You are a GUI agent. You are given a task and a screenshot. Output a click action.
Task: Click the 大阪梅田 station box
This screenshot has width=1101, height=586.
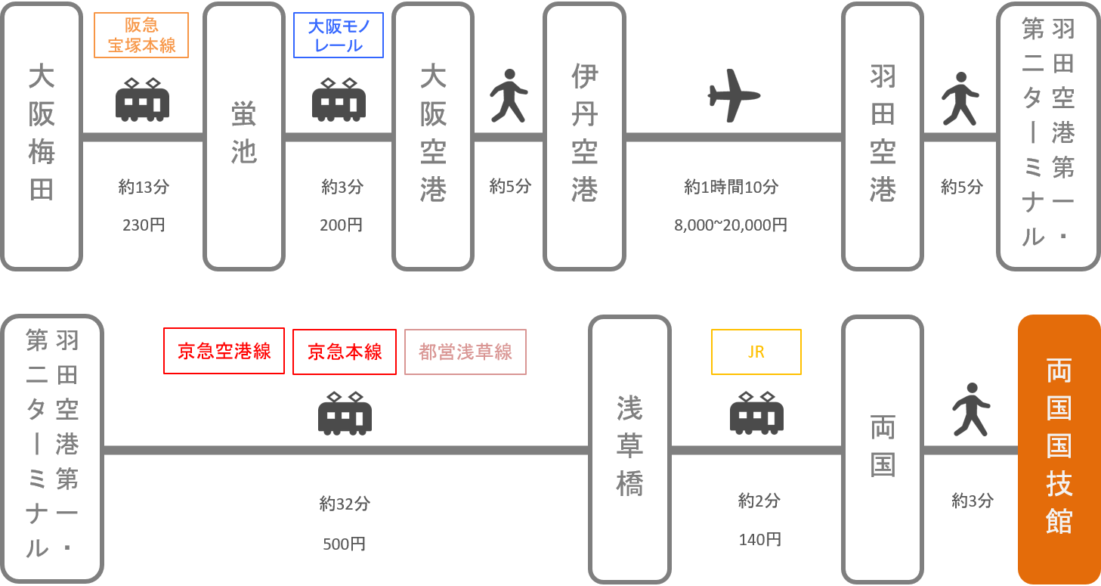coord(42,136)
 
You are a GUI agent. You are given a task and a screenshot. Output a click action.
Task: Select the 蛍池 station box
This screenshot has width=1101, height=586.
coord(243,136)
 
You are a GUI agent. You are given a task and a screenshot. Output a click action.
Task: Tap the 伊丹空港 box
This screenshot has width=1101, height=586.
coord(584,136)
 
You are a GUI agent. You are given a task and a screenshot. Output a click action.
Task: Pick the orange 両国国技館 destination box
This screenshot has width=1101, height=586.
coord(1059,448)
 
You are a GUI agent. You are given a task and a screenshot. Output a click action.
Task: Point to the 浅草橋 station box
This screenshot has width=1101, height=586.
coord(629,448)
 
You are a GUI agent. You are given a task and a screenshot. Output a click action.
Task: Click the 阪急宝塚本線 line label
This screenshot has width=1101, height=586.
coord(141,36)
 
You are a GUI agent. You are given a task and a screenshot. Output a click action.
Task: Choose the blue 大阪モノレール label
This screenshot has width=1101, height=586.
coord(339,36)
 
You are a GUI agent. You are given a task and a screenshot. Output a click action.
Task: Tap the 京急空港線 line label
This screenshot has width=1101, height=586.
coord(224,351)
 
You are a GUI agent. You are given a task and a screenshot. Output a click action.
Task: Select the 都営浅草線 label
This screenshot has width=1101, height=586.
coord(465,351)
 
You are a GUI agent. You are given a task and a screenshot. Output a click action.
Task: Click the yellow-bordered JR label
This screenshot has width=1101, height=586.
coord(756,352)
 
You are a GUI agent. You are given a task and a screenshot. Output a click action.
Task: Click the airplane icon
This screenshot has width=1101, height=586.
coord(734,96)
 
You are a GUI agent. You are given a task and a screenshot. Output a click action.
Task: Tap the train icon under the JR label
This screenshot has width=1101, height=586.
coord(756,413)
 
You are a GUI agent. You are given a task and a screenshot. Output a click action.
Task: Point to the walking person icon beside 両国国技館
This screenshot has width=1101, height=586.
coord(971,409)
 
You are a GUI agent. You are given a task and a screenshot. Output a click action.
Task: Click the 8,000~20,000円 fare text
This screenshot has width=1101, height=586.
coord(731,225)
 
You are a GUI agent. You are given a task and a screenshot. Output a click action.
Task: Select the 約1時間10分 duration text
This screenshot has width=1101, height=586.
coord(731,187)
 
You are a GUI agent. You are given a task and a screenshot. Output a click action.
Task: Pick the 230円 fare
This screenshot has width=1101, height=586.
coord(144,225)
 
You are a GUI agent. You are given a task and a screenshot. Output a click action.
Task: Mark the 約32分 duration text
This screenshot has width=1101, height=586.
coord(345,504)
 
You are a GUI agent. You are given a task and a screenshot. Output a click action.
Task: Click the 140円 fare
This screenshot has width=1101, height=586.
coord(759,540)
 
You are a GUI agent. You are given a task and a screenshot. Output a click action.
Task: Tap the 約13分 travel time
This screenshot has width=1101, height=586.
coord(144,187)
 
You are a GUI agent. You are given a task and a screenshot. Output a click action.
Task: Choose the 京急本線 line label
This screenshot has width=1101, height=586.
coord(345,351)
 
